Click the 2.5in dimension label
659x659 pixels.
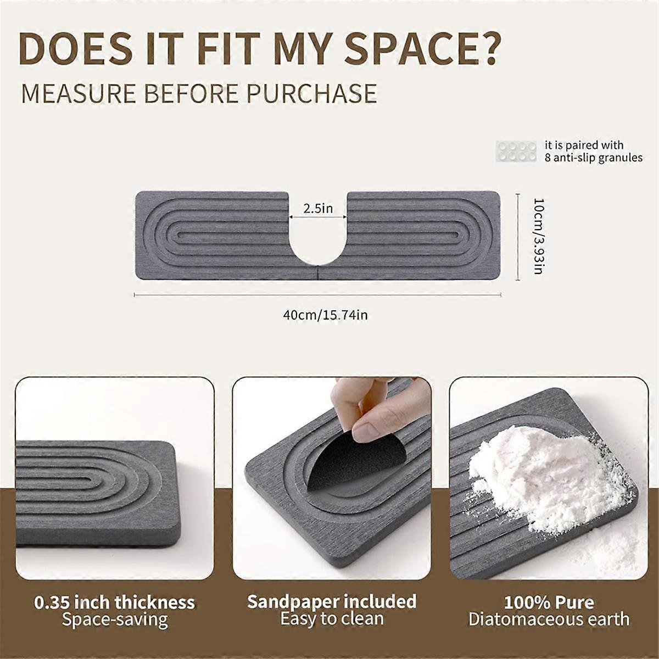pos(318,209)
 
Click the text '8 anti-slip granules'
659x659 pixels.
pos(593,158)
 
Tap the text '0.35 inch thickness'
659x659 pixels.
pos(114,602)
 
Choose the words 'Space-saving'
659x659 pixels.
pos(114,620)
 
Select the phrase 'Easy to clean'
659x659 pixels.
pos(332,619)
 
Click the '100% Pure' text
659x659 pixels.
pos(549,602)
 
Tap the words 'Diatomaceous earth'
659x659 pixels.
pos(549,620)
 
